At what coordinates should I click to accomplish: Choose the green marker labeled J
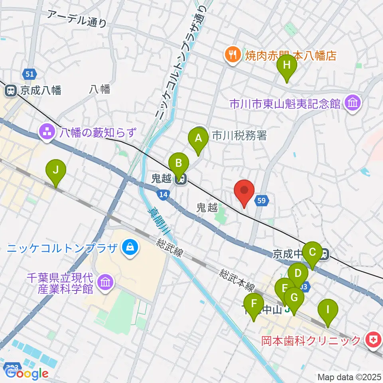coord(56,172)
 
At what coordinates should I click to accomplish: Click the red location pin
coord(244,192)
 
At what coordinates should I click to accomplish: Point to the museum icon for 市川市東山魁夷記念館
coord(353,104)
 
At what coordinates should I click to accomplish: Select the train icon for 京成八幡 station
coord(10,91)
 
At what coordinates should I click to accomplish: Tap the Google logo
coord(26,373)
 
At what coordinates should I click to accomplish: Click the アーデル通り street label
coord(77,19)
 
